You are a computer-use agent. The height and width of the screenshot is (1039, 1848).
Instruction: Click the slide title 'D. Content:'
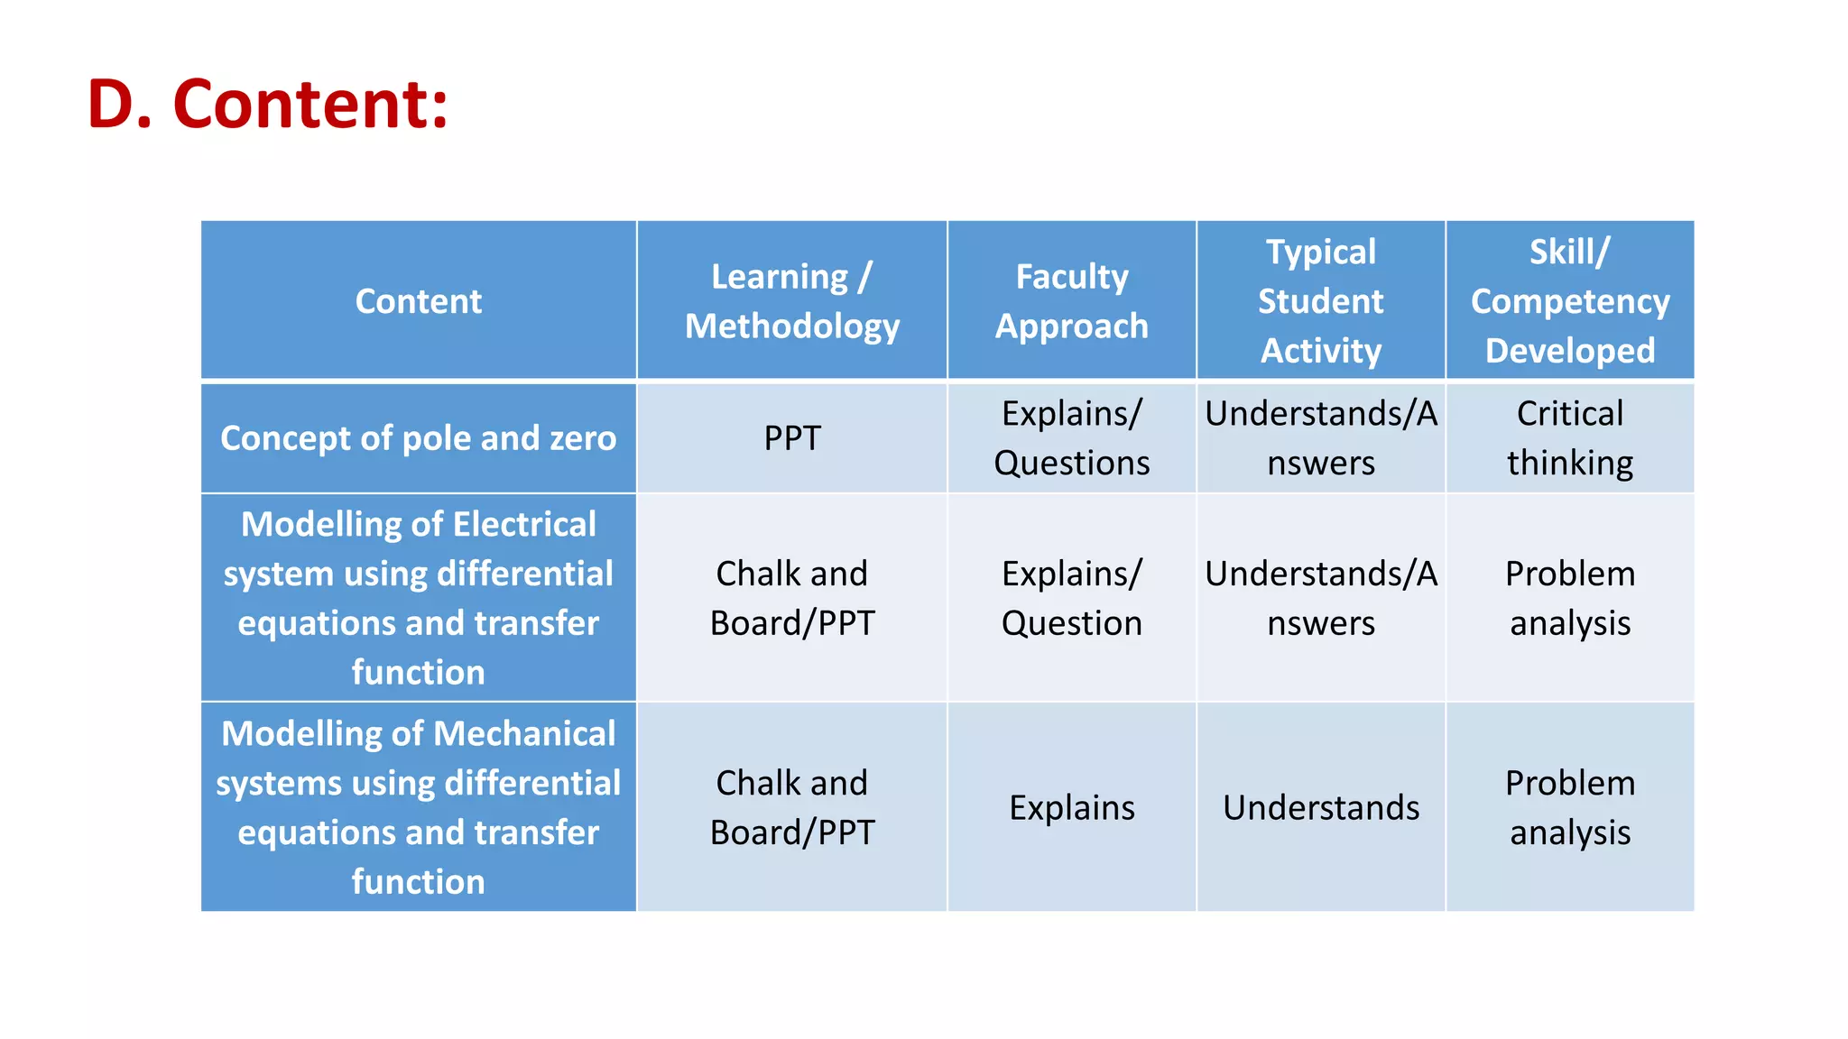[267, 104]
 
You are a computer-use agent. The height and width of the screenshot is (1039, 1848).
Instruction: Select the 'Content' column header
[418, 301]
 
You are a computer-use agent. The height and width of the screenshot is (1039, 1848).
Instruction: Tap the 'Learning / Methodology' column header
[791, 301]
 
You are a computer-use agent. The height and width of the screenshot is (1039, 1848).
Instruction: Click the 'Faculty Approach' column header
[1071, 301]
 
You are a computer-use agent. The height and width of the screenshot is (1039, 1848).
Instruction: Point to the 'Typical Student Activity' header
[1320, 301]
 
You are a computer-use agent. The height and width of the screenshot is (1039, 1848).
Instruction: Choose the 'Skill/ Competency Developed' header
[1569, 301]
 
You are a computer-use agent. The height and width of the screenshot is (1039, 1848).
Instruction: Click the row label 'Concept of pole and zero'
[418, 438]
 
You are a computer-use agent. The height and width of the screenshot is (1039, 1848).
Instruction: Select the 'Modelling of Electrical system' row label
[418, 598]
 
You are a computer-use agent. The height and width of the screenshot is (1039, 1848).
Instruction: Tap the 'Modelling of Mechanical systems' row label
[418, 807]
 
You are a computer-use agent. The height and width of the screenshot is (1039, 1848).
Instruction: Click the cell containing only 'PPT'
[791, 438]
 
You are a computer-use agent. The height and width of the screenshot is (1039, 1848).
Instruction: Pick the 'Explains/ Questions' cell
[1071, 438]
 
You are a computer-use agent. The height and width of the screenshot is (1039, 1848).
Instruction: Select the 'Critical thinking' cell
[1569, 438]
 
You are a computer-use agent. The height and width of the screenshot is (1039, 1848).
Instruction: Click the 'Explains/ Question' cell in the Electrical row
[1071, 598]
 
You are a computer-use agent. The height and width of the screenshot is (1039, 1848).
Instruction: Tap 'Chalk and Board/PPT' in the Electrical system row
[791, 598]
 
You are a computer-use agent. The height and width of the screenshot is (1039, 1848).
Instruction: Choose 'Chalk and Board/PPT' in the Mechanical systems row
[791, 807]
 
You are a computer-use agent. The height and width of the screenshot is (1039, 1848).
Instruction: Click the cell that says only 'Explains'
[1071, 807]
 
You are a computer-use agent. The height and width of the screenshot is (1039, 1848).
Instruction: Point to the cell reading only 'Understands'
[1320, 807]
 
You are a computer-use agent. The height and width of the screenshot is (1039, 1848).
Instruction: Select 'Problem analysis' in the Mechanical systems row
[1569, 807]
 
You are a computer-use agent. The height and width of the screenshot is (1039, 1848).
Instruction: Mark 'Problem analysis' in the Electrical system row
[1569, 598]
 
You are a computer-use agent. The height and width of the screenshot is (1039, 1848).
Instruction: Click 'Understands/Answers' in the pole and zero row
[1320, 438]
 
